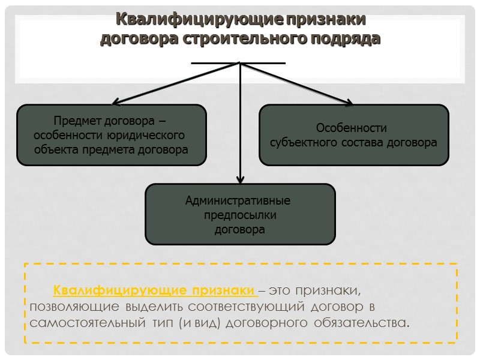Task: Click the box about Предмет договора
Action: tap(112, 135)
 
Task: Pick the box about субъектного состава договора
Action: tap(354, 135)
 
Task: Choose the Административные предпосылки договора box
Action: tap(240, 214)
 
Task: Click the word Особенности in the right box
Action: tap(352, 128)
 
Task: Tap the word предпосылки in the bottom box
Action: tap(240, 215)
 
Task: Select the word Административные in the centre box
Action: tap(238, 200)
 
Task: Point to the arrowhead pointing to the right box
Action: tap(348, 103)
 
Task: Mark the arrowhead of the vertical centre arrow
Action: tap(241, 179)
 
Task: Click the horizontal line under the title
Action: tap(238, 62)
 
